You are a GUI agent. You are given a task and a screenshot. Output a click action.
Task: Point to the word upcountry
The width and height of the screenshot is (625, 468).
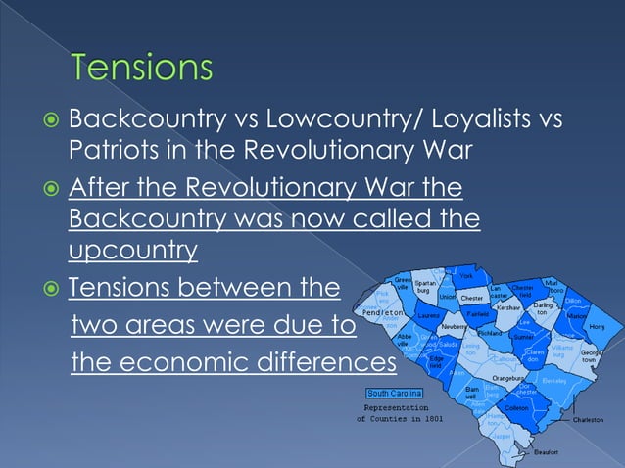tap(133, 251)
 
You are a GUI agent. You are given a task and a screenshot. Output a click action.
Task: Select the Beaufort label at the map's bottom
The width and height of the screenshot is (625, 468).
tap(547, 451)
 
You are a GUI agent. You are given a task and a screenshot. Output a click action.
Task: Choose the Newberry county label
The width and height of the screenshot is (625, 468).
tap(454, 326)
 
